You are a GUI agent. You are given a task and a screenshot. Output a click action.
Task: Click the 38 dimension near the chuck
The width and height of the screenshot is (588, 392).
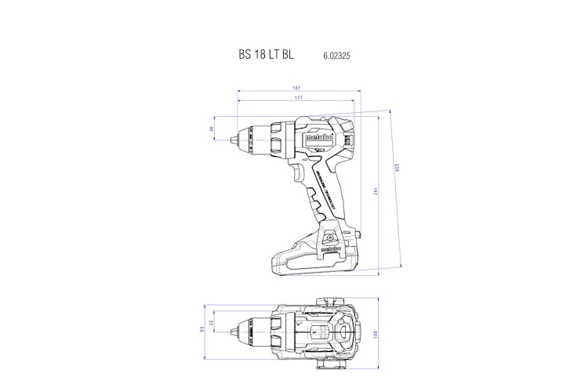coord(212,129)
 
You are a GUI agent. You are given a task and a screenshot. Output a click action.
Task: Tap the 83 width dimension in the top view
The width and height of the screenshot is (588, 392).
coord(201,328)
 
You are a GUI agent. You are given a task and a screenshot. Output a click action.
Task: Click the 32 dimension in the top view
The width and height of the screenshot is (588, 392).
coord(212,322)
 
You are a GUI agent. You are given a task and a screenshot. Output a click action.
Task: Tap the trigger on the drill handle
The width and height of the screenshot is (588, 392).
coord(300,174)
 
